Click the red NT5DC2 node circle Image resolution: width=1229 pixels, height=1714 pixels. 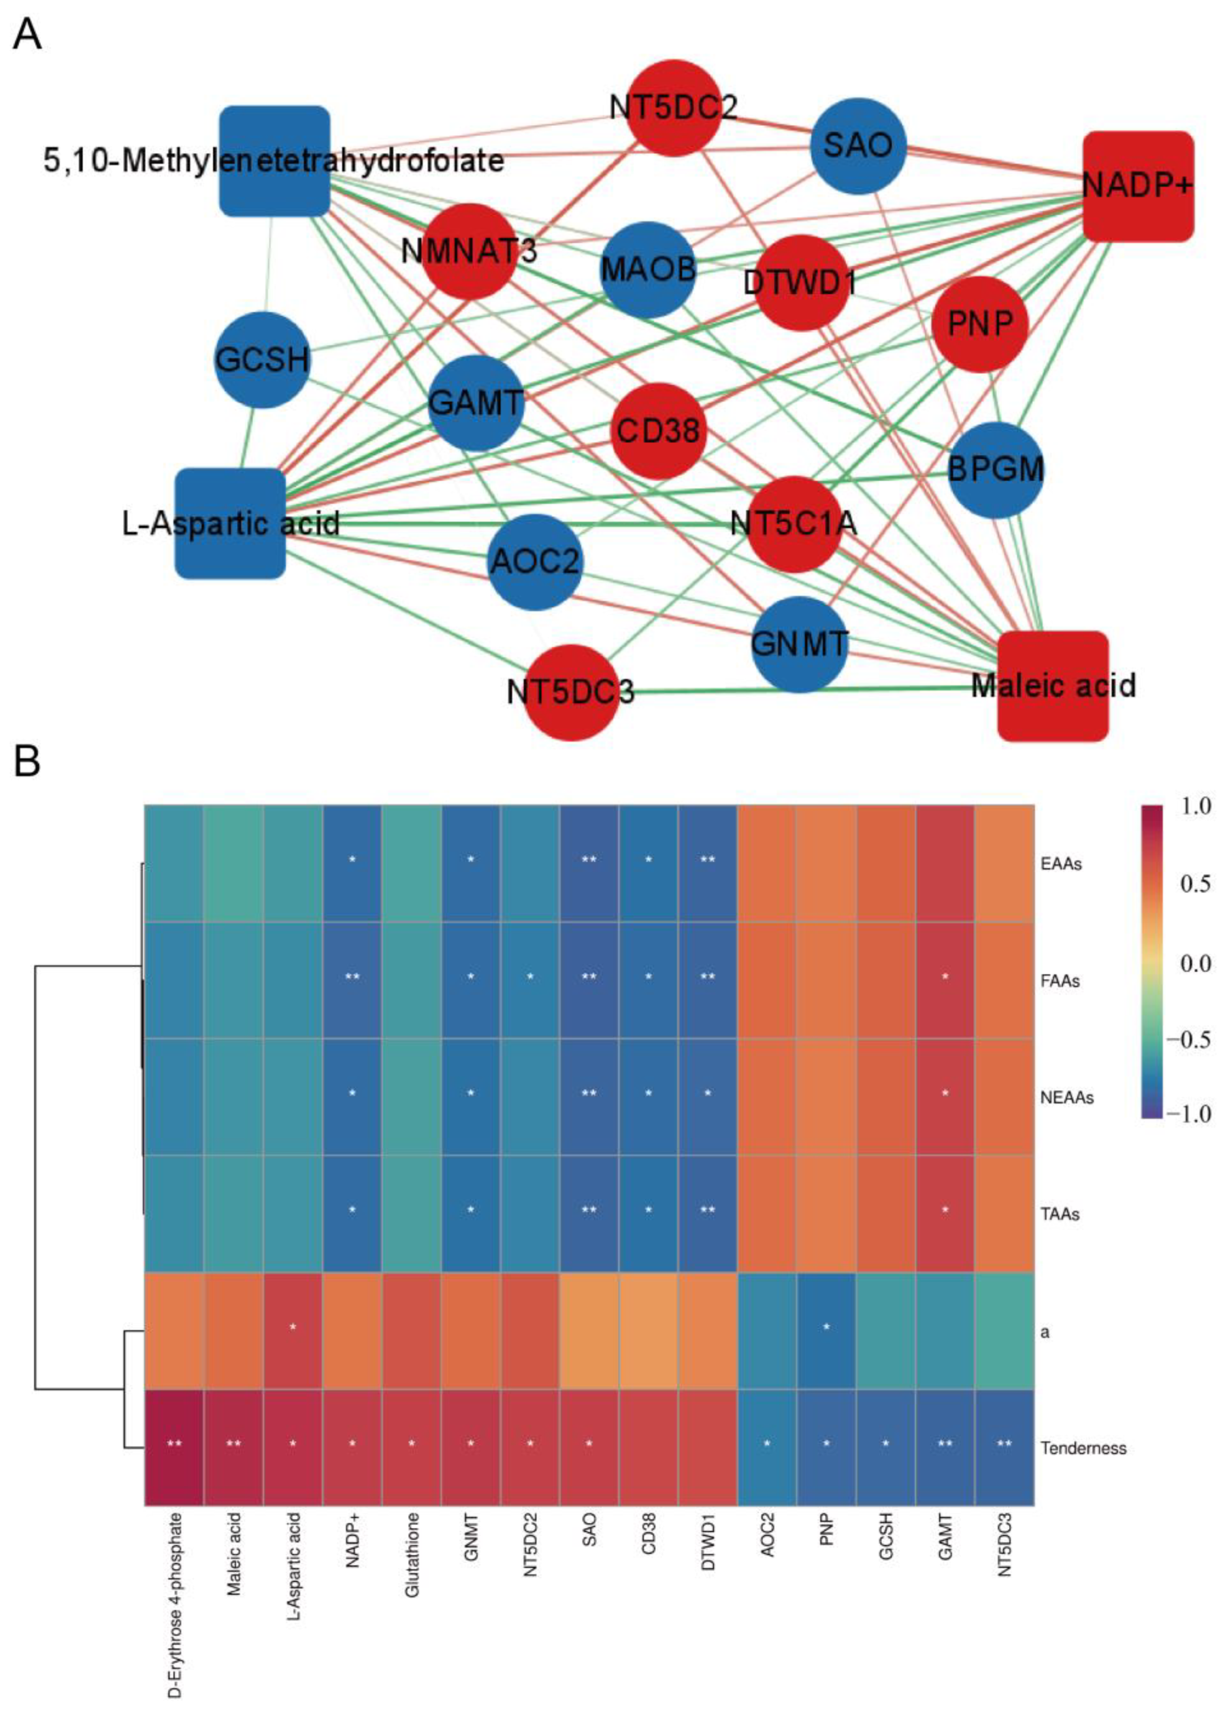(x=673, y=108)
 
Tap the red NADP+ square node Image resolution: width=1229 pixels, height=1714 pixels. (x=1137, y=186)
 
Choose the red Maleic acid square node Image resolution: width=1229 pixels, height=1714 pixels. (x=1053, y=686)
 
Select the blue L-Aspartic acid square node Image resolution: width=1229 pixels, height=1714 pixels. (x=230, y=523)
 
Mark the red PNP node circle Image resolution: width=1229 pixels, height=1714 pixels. (x=979, y=324)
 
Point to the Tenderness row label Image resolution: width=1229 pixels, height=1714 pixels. (x=1083, y=1448)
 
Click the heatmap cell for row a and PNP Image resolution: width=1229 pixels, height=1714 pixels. (x=826, y=1331)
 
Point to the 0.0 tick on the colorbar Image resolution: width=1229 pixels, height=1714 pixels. (x=1194, y=963)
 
